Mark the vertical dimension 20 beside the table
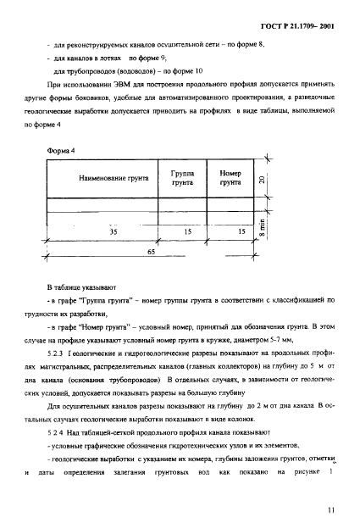coord(263,179)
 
